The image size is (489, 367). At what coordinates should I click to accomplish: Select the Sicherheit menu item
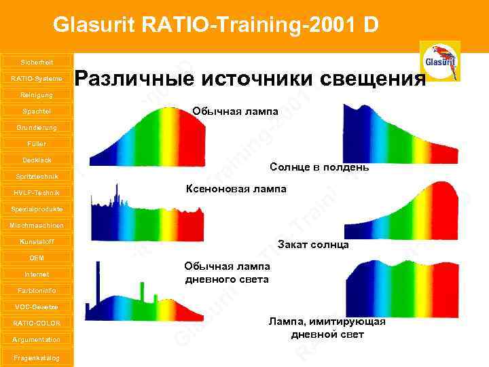(x=36, y=62)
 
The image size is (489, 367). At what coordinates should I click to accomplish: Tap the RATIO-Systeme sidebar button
(x=36, y=78)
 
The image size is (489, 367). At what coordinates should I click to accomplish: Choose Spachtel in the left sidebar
(x=36, y=111)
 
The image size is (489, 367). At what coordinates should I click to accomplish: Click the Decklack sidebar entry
(x=36, y=160)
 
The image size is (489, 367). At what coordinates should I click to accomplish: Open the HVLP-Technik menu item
(x=36, y=192)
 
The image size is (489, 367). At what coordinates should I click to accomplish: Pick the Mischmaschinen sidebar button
(x=36, y=225)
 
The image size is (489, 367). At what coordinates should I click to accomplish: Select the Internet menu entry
(x=36, y=274)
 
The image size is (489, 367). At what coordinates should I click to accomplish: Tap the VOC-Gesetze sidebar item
(x=36, y=307)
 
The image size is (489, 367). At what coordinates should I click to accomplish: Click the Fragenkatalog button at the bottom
(x=36, y=357)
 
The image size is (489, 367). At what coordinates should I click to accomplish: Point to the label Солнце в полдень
(x=319, y=167)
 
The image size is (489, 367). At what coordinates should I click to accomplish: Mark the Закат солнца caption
(x=312, y=245)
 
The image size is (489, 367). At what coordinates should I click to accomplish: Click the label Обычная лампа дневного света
(x=227, y=273)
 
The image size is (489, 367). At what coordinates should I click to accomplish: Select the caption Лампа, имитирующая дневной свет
(x=327, y=328)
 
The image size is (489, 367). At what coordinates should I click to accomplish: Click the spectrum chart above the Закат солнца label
(x=403, y=210)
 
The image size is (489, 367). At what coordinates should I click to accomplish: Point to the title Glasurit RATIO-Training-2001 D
(x=215, y=25)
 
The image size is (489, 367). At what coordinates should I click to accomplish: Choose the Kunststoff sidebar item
(x=36, y=241)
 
